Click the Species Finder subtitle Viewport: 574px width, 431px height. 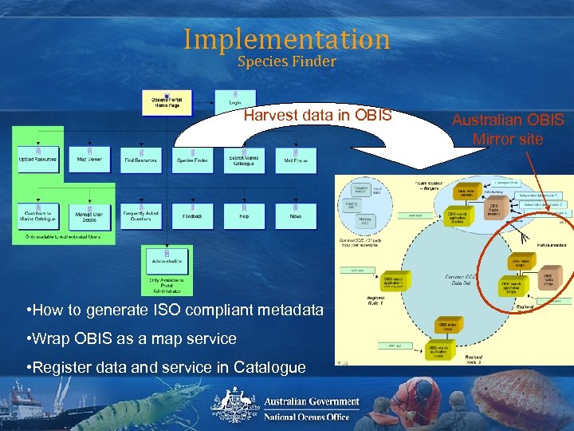(286, 61)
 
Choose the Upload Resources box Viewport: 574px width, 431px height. (37, 158)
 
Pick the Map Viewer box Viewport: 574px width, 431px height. (89, 158)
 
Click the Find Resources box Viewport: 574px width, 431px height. (140, 158)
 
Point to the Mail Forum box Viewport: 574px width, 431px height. (295, 158)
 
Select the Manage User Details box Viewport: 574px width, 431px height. (89, 214)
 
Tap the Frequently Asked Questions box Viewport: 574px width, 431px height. (140, 214)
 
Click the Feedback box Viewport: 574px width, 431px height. (192, 214)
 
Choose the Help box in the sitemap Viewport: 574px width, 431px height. (243, 214)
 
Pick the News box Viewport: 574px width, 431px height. (295, 214)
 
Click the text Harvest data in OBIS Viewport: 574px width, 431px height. (317, 116)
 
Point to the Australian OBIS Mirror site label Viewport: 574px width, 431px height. (508, 129)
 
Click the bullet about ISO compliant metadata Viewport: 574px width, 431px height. (174, 310)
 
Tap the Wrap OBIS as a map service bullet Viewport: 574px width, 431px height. (131, 338)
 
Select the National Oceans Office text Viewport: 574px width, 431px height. (307, 417)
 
